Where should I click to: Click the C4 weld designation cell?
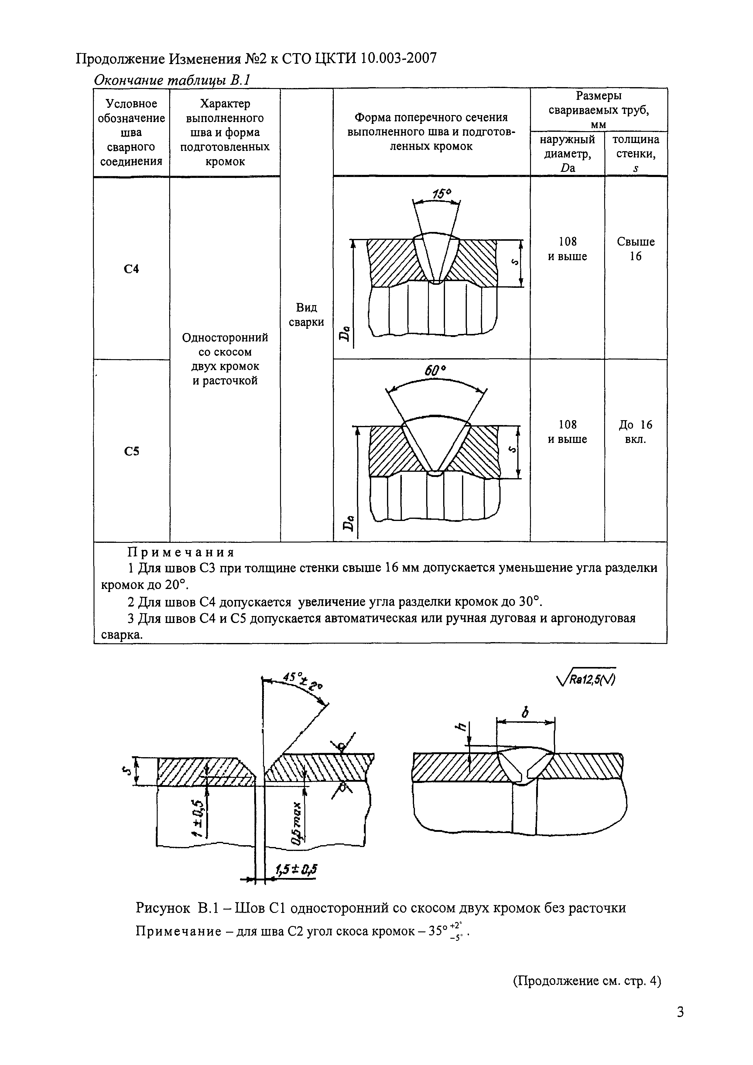[x=132, y=269]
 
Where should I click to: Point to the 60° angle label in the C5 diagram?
[x=435, y=371]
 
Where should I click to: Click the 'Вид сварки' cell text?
[x=306, y=315]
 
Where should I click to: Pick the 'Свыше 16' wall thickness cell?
[x=636, y=249]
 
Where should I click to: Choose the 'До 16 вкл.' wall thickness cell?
[x=636, y=431]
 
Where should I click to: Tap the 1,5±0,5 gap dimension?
[x=296, y=870]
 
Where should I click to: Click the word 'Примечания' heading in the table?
[x=181, y=553]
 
